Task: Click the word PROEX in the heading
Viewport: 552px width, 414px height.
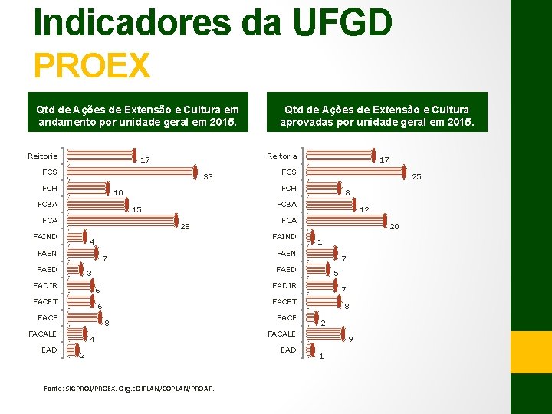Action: [92, 64]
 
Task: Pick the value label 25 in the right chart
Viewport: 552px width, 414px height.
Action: [417, 177]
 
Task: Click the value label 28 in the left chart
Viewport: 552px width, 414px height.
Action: [185, 226]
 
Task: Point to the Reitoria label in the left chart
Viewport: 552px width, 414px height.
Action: [42, 156]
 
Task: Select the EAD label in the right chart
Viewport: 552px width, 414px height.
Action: [287, 350]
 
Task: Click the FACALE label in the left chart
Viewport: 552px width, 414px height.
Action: [42, 333]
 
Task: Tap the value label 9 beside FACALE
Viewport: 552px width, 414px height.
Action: [350, 339]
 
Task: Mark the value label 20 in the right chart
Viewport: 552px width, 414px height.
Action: [394, 226]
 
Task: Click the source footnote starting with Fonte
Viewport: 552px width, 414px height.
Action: [129, 389]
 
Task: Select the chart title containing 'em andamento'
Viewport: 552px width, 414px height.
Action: [138, 116]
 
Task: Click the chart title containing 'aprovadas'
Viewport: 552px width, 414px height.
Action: [376, 116]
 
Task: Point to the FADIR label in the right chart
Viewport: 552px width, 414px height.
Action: [284, 285]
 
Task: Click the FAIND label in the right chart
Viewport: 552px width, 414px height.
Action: [284, 237]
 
